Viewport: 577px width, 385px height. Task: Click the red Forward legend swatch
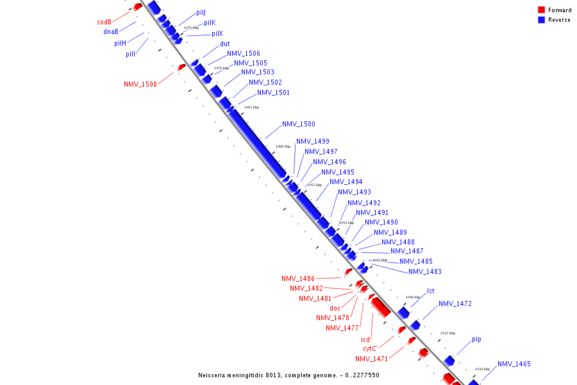click(541, 10)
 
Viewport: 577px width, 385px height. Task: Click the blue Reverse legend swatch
click(541, 20)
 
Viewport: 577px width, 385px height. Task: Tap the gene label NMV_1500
click(298, 124)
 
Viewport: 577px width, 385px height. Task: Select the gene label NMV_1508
click(140, 84)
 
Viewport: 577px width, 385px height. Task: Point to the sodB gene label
click(104, 22)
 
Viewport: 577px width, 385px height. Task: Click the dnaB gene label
click(110, 32)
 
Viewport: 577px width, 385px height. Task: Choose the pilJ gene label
click(201, 13)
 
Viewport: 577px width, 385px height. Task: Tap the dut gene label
click(224, 44)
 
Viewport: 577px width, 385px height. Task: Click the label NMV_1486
click(298, 278)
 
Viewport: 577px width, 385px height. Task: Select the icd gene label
click(365, 339)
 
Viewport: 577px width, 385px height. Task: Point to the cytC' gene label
click(370, 349)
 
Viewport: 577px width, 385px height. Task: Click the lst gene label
click(430, 291)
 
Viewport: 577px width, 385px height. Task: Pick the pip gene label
click(476, 339)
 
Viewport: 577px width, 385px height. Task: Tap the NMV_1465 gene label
click(514, 364)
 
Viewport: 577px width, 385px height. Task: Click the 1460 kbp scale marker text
click(283, 146)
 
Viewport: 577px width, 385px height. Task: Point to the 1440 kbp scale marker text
click(413, 298)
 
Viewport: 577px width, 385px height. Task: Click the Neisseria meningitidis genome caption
click(288, 375)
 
